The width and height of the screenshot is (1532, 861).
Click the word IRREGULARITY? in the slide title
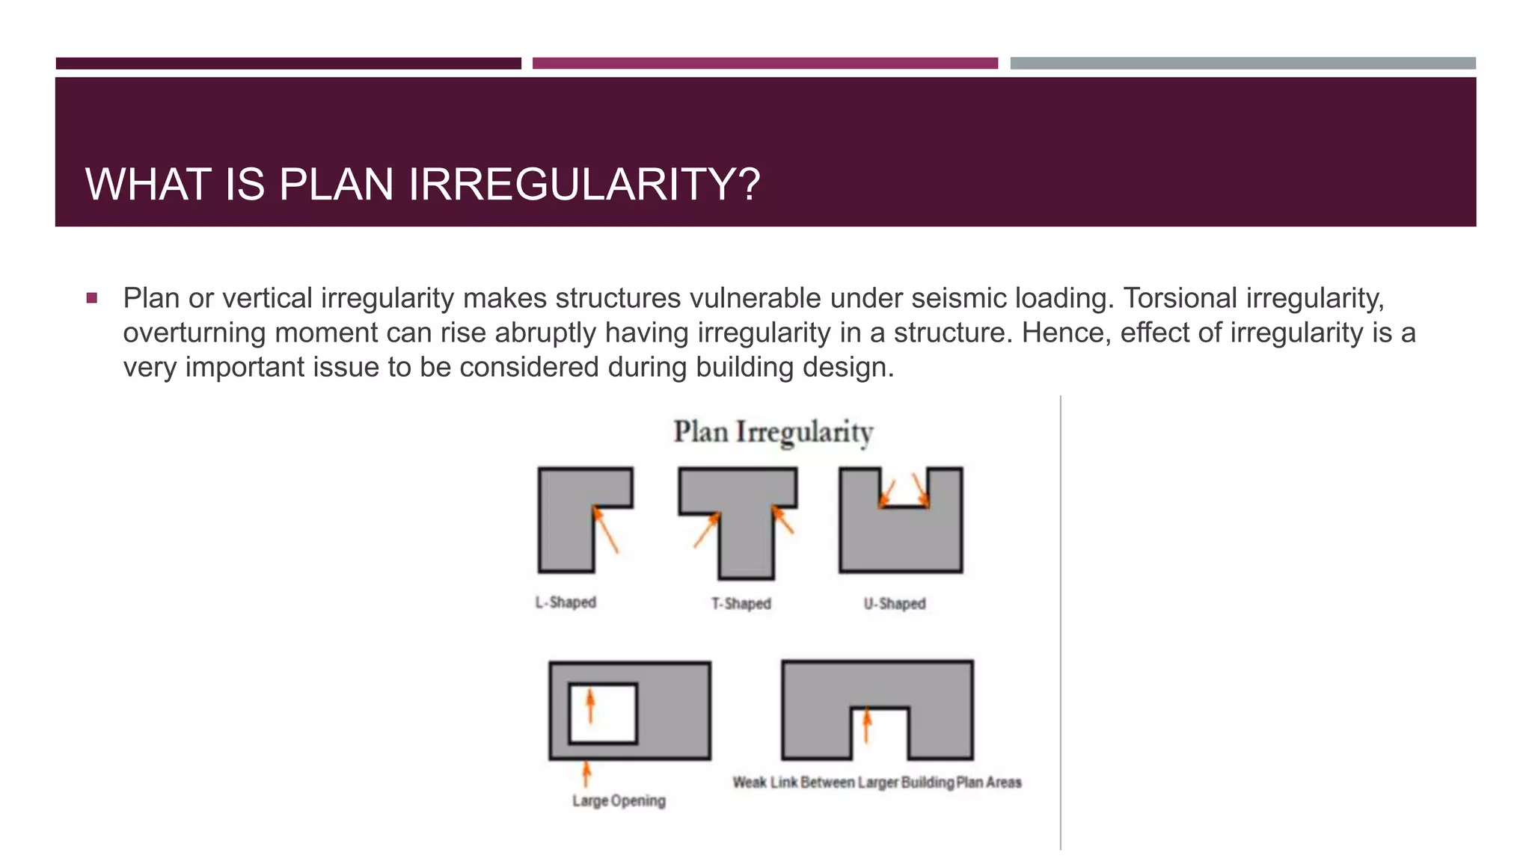(584, 184)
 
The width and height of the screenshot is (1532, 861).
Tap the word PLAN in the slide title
(336, 184)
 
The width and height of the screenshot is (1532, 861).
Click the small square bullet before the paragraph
(92, 298)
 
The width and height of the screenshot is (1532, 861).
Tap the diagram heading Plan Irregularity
(773, 432)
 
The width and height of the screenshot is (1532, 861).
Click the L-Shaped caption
(566, 602)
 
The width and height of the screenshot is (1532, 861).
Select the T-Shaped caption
(741, 603)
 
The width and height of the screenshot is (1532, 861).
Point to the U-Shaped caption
(895, 603)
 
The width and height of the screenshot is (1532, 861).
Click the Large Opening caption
(619, 800)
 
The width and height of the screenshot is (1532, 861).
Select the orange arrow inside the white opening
(590, 706)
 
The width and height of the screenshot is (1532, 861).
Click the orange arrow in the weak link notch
(867, 724)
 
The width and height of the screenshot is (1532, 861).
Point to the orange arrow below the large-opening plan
(586, 774)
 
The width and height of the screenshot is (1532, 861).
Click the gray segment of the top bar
(1243, 64)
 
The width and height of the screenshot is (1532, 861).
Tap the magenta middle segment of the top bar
(765, 64)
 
